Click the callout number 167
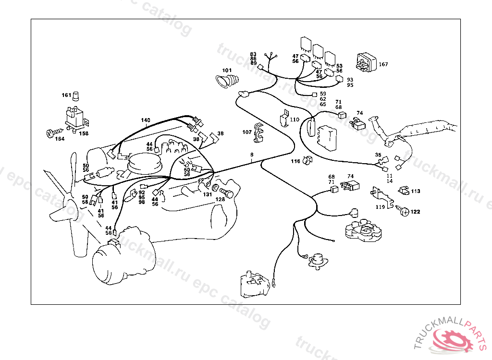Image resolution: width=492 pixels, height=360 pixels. pos(383,64)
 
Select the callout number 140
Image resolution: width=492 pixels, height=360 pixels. pos(146,120)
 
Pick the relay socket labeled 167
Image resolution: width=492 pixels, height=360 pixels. pos(366,63)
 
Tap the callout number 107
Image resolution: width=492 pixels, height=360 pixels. pos(247,132)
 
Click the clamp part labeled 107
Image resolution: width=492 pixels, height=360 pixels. pos(259,134)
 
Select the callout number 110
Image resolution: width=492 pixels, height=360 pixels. pos(295,120)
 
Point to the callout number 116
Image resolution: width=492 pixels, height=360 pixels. pos(295,161)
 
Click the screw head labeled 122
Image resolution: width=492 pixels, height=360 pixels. pos(405,211)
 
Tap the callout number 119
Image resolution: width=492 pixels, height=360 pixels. pos(380,207)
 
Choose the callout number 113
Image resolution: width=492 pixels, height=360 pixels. pos(415,191)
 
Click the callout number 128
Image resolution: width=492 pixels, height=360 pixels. pos(220,199)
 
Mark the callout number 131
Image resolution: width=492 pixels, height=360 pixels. pos(207,194)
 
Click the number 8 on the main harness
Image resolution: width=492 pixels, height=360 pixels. pos(251,155)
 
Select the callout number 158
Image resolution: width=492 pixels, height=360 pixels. pos(84,133)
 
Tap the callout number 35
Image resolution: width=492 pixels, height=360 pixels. pos(378,155)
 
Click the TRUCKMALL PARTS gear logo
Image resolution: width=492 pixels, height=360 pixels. pos(454,339)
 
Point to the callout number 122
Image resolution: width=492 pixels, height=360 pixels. pos(415,212)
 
